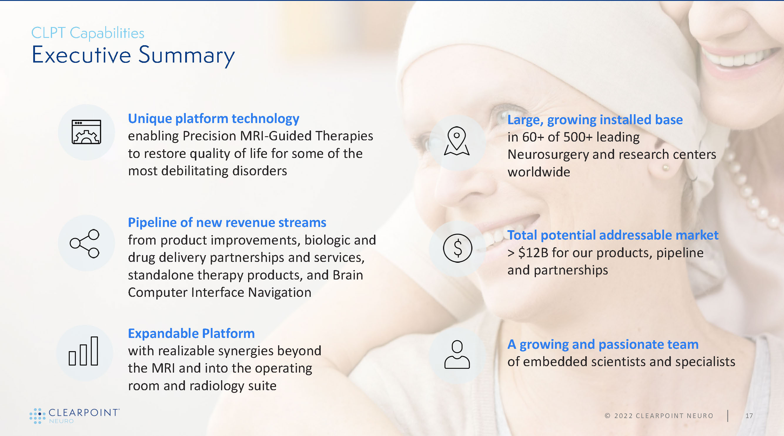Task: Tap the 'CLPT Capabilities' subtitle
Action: coord(88,33)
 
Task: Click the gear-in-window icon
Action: coord(86,132)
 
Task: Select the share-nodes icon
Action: coord(85,243)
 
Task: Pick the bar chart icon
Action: coord(83,351)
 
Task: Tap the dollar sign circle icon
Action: coord(457,248)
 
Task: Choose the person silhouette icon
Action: coord(457,354)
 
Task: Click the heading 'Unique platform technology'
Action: coord(214,119)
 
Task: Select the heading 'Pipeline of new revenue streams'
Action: coord(227,222)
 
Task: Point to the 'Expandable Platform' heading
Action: coord(191,333)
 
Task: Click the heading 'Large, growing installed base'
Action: coord(595,120)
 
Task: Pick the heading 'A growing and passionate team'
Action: coord(603,344)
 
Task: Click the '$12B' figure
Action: coord(533,253)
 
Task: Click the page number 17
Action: coord(749,416)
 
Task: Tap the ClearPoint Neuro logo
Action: coord(75,416)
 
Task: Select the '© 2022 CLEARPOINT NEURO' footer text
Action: coord(659,416)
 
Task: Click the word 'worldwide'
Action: coord(539,172)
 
